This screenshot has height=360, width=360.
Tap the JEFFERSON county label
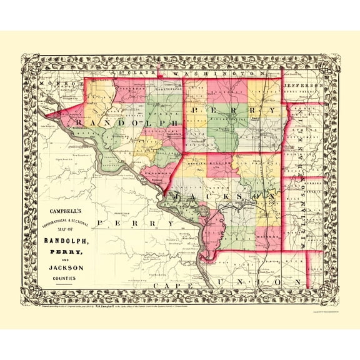(x=302, y=83)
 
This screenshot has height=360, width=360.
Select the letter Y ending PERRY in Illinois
(x=272, y=111)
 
